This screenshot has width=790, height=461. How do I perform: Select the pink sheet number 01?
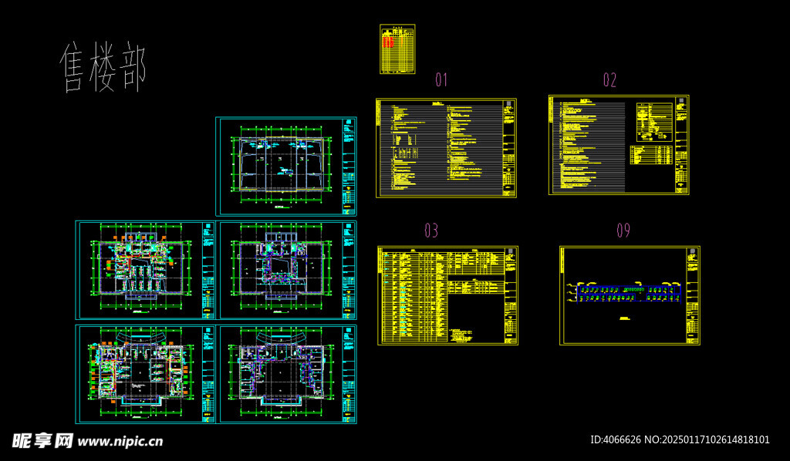point(441,79)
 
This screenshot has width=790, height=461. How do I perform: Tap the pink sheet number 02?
point(609,79)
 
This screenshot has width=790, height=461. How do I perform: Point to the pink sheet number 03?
point(431,230)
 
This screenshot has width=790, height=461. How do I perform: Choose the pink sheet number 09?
point(623,230)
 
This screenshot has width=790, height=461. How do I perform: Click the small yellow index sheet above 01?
point(397,49)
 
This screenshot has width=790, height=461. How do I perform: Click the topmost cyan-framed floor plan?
point(285,166)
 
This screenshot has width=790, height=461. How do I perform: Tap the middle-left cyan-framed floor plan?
point(146,270)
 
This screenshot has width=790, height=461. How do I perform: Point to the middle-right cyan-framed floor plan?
point(288,270)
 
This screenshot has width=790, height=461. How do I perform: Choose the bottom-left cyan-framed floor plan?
point(146,374)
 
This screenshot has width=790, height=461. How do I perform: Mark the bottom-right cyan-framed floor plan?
point(288,374)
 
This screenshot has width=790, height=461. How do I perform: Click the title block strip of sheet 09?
point(693,295)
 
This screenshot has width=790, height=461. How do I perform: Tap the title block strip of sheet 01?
point(509,147)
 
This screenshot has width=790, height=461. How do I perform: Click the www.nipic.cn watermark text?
point(121,442)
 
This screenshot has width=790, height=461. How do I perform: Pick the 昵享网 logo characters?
point(42,441)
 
